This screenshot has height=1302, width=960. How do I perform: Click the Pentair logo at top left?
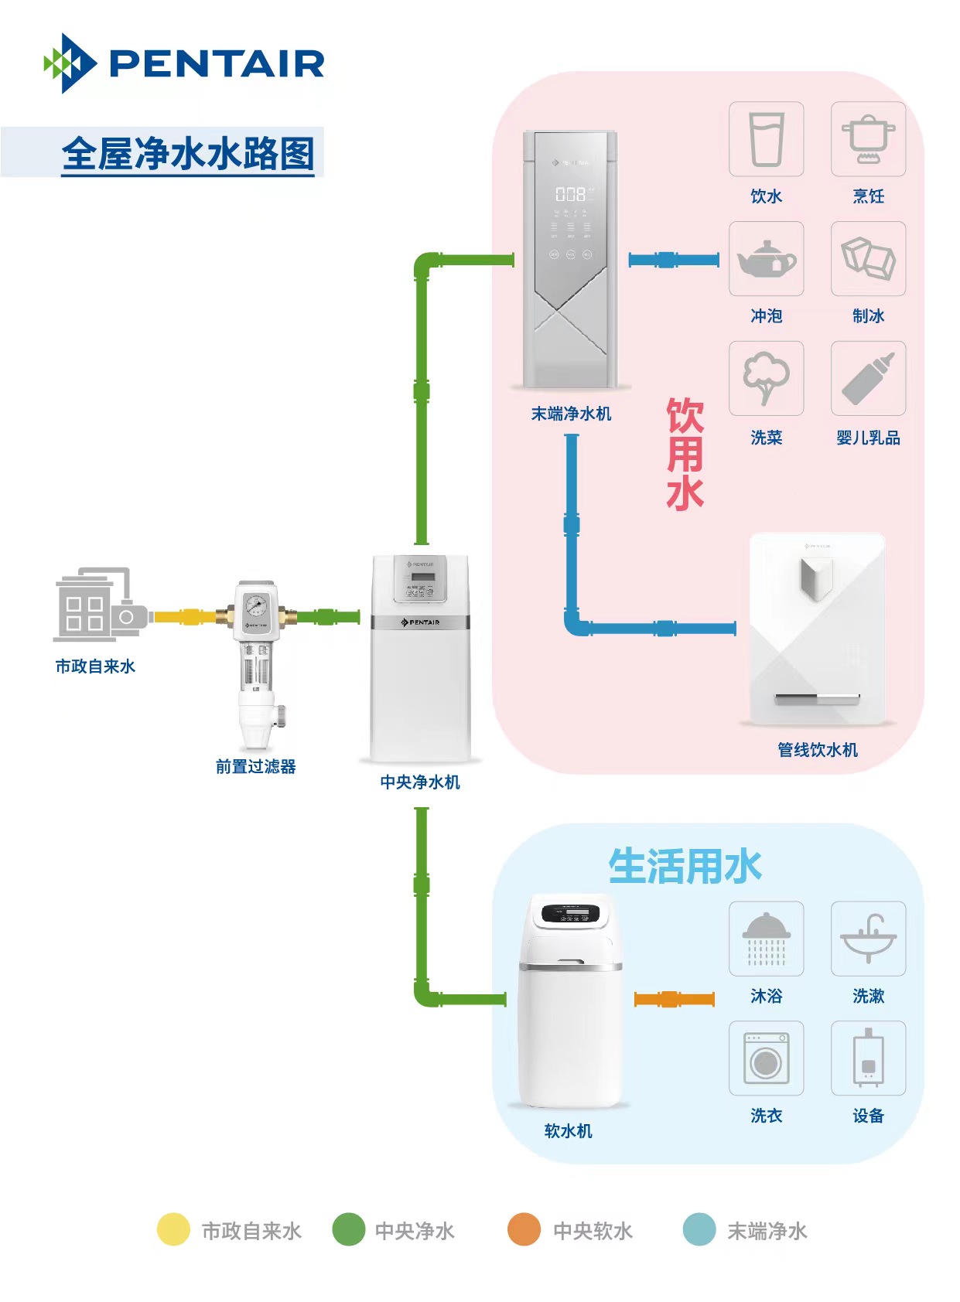click(184, 63)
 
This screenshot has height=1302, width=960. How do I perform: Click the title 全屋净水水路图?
click(188, 154)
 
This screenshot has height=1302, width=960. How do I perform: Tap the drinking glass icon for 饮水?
click(766, 139)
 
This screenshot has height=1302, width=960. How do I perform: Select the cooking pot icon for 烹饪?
click(868, 139)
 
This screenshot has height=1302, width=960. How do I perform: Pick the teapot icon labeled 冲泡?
click(766, 259)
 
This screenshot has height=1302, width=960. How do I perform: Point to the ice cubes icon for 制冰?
click(868, 259)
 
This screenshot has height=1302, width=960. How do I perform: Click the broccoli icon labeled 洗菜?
click(766, 379)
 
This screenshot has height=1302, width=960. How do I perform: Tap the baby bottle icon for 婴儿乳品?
click(868, 379)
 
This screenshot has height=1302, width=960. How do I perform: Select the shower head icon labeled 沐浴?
click(766, 939)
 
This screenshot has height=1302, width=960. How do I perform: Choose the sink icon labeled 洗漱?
click(868, 939)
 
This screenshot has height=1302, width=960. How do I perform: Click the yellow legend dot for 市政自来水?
click(173, 1229)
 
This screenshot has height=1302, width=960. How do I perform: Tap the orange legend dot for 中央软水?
click(524, 1229)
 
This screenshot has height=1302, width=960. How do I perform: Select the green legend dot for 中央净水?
click(348, 1229)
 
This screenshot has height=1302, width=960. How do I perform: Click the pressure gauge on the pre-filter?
click(256, 605)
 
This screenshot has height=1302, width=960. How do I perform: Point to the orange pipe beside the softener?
click(674, 999)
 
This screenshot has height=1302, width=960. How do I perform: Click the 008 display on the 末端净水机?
click(570, 194)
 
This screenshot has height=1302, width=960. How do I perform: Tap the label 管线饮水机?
click(817, 750)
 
